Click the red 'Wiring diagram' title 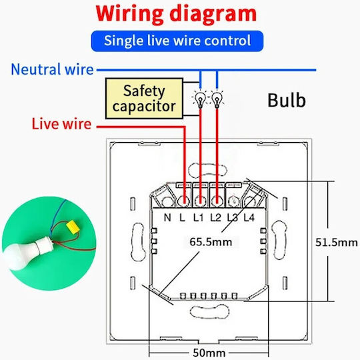(x=176, y=14)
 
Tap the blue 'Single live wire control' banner (x=177, y=41)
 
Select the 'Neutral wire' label (x=53, y=69)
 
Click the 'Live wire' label (x=61, y=124)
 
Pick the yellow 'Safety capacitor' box (x=144, y=99)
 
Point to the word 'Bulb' (x=287, y=100)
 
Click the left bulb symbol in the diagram (x=200, y=99)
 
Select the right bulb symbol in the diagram (x=217, y=99)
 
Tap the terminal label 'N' (x=167, y=217)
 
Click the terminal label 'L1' (x=199, y=217)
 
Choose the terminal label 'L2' (x=215, y=217)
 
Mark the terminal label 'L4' (x=249, y=217)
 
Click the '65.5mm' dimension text (x=211, y=242)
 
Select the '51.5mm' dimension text (x=337, y=242)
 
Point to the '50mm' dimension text (x=209, y=353)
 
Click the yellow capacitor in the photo (x=73, y=227)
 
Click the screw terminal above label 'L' (x=184, y=201)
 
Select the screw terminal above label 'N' (x=168, y=201)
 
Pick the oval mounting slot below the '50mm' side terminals (x=209, y=312)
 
